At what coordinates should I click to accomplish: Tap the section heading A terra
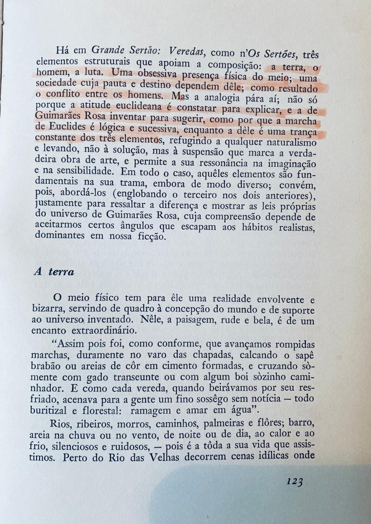point(54,272)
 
